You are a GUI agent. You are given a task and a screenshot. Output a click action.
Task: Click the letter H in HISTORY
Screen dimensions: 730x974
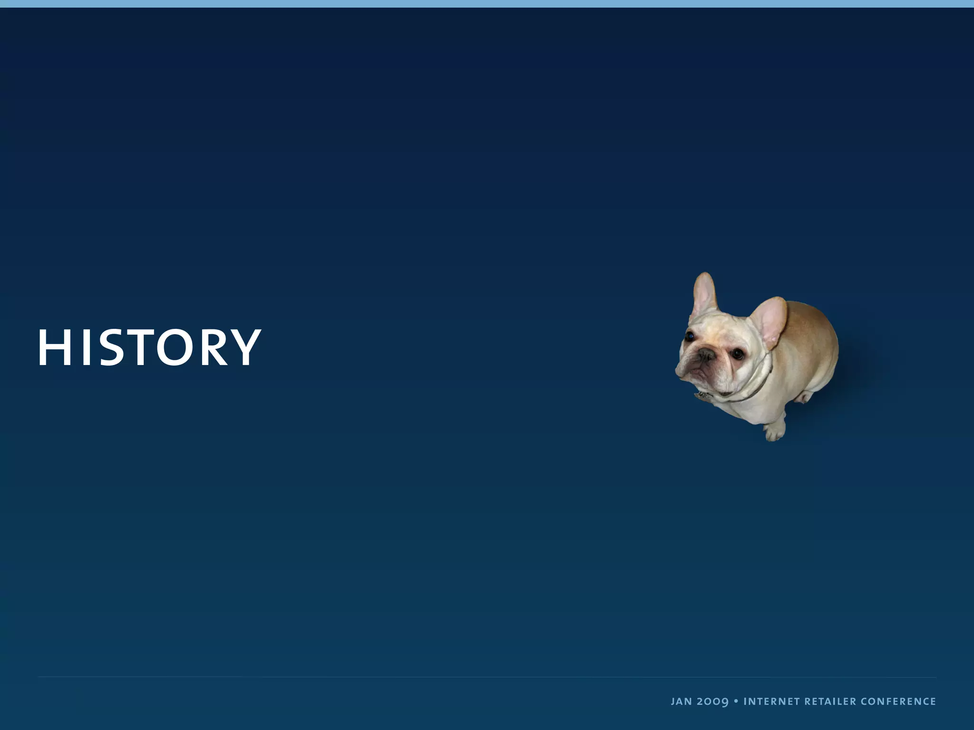54,347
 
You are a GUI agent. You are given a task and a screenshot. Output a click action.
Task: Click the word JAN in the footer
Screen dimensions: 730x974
681,701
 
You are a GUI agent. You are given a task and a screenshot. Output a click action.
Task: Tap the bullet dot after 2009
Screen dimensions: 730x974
736,701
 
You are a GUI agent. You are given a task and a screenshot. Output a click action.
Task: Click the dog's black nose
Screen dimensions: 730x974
706,354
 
